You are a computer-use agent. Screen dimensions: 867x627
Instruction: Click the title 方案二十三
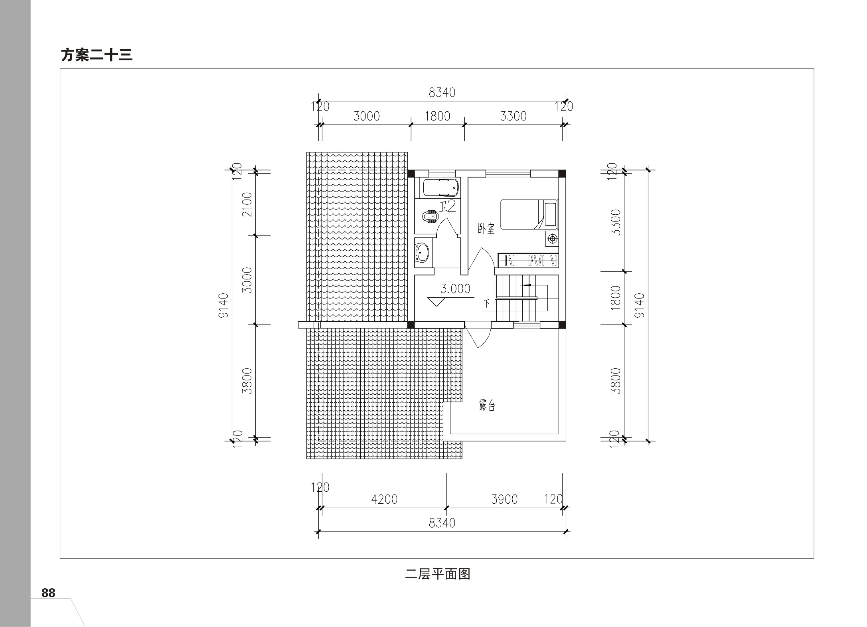[97, 55]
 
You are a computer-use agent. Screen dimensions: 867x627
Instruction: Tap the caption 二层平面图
[438, 574]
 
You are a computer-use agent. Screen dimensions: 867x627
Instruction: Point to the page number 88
[48, 593]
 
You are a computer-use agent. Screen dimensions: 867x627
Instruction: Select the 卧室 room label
[486, 229]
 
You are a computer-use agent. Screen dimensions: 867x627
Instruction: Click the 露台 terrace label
[487, 406]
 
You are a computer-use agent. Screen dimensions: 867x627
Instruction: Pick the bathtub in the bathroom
[441, 188]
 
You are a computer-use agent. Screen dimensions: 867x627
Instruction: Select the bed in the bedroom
[529, 215]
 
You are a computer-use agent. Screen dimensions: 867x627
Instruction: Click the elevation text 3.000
[455, 289]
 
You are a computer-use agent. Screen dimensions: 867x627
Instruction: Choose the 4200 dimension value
[384, 499]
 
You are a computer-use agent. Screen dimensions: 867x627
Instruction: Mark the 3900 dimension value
[504, 499]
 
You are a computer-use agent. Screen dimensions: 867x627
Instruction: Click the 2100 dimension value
[248, 204]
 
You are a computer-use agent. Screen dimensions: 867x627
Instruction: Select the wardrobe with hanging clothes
[527, 260]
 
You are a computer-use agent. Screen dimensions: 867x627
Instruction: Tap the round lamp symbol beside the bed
[553, 239]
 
